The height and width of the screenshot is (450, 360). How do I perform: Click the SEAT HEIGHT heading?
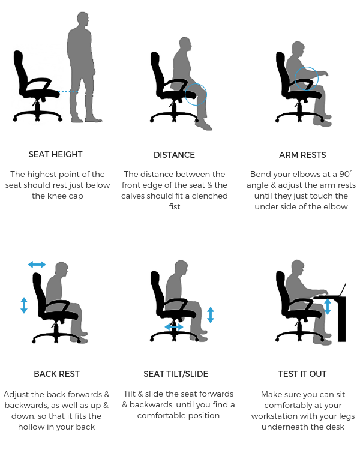56,155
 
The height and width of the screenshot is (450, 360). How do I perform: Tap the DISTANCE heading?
174,155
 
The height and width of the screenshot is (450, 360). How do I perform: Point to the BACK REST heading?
56,374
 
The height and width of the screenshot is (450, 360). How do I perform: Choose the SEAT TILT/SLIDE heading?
176,374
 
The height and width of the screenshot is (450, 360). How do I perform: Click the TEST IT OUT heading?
302,374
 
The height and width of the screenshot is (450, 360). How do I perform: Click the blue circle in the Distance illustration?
196,95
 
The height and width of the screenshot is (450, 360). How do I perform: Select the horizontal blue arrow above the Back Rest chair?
37,265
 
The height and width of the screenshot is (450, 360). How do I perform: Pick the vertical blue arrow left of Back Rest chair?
24,305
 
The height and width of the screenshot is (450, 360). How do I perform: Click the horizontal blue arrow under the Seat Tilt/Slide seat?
175,327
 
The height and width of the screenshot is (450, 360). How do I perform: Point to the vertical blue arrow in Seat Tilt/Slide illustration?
210,315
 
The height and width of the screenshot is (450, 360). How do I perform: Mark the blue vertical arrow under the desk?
328,307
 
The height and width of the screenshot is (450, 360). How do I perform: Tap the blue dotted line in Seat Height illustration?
70,92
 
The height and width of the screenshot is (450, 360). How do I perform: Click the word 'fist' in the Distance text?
175,206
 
